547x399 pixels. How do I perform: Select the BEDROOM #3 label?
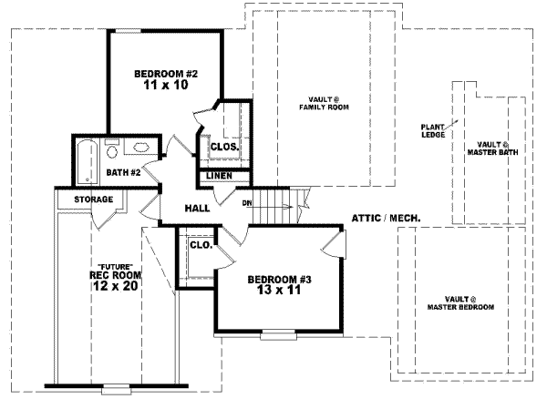(280, 279)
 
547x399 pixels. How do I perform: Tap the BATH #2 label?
(121, 171)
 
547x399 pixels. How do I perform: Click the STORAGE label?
(94, 199)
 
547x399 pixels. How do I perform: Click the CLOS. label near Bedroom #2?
(224, 146)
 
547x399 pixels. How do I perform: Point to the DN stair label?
(247, 203)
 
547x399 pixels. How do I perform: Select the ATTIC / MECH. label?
(385, 219)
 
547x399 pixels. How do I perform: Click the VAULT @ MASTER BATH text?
(492, 148)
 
